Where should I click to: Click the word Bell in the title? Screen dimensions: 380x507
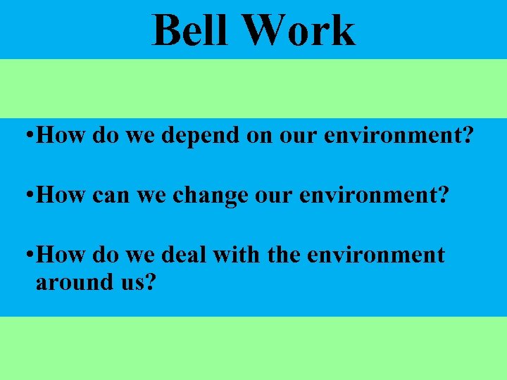click(189, 31)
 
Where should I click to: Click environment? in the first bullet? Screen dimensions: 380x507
click(397, 136)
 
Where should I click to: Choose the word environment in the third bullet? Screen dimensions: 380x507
click(377, 254)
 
